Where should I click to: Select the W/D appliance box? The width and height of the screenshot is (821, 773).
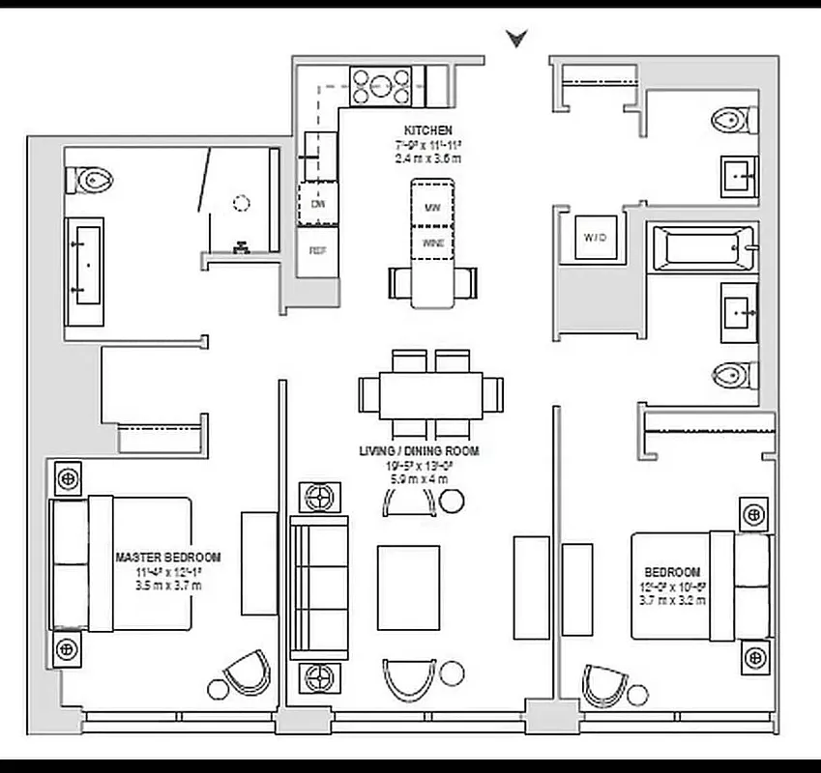point(591,236)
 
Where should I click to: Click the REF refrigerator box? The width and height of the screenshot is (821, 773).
point(317,250)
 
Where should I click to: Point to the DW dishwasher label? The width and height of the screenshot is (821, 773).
point(317,204)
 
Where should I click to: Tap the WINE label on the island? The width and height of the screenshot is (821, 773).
point(432,243)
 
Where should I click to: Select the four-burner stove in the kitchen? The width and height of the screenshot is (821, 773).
point(382,85)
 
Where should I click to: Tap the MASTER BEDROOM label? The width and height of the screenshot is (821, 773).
point(168,558)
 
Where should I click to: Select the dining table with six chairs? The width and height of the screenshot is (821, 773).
point(431,394)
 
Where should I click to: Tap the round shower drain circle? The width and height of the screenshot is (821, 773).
point(241,204)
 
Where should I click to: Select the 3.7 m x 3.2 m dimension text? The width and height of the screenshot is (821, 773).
point(671,600)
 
